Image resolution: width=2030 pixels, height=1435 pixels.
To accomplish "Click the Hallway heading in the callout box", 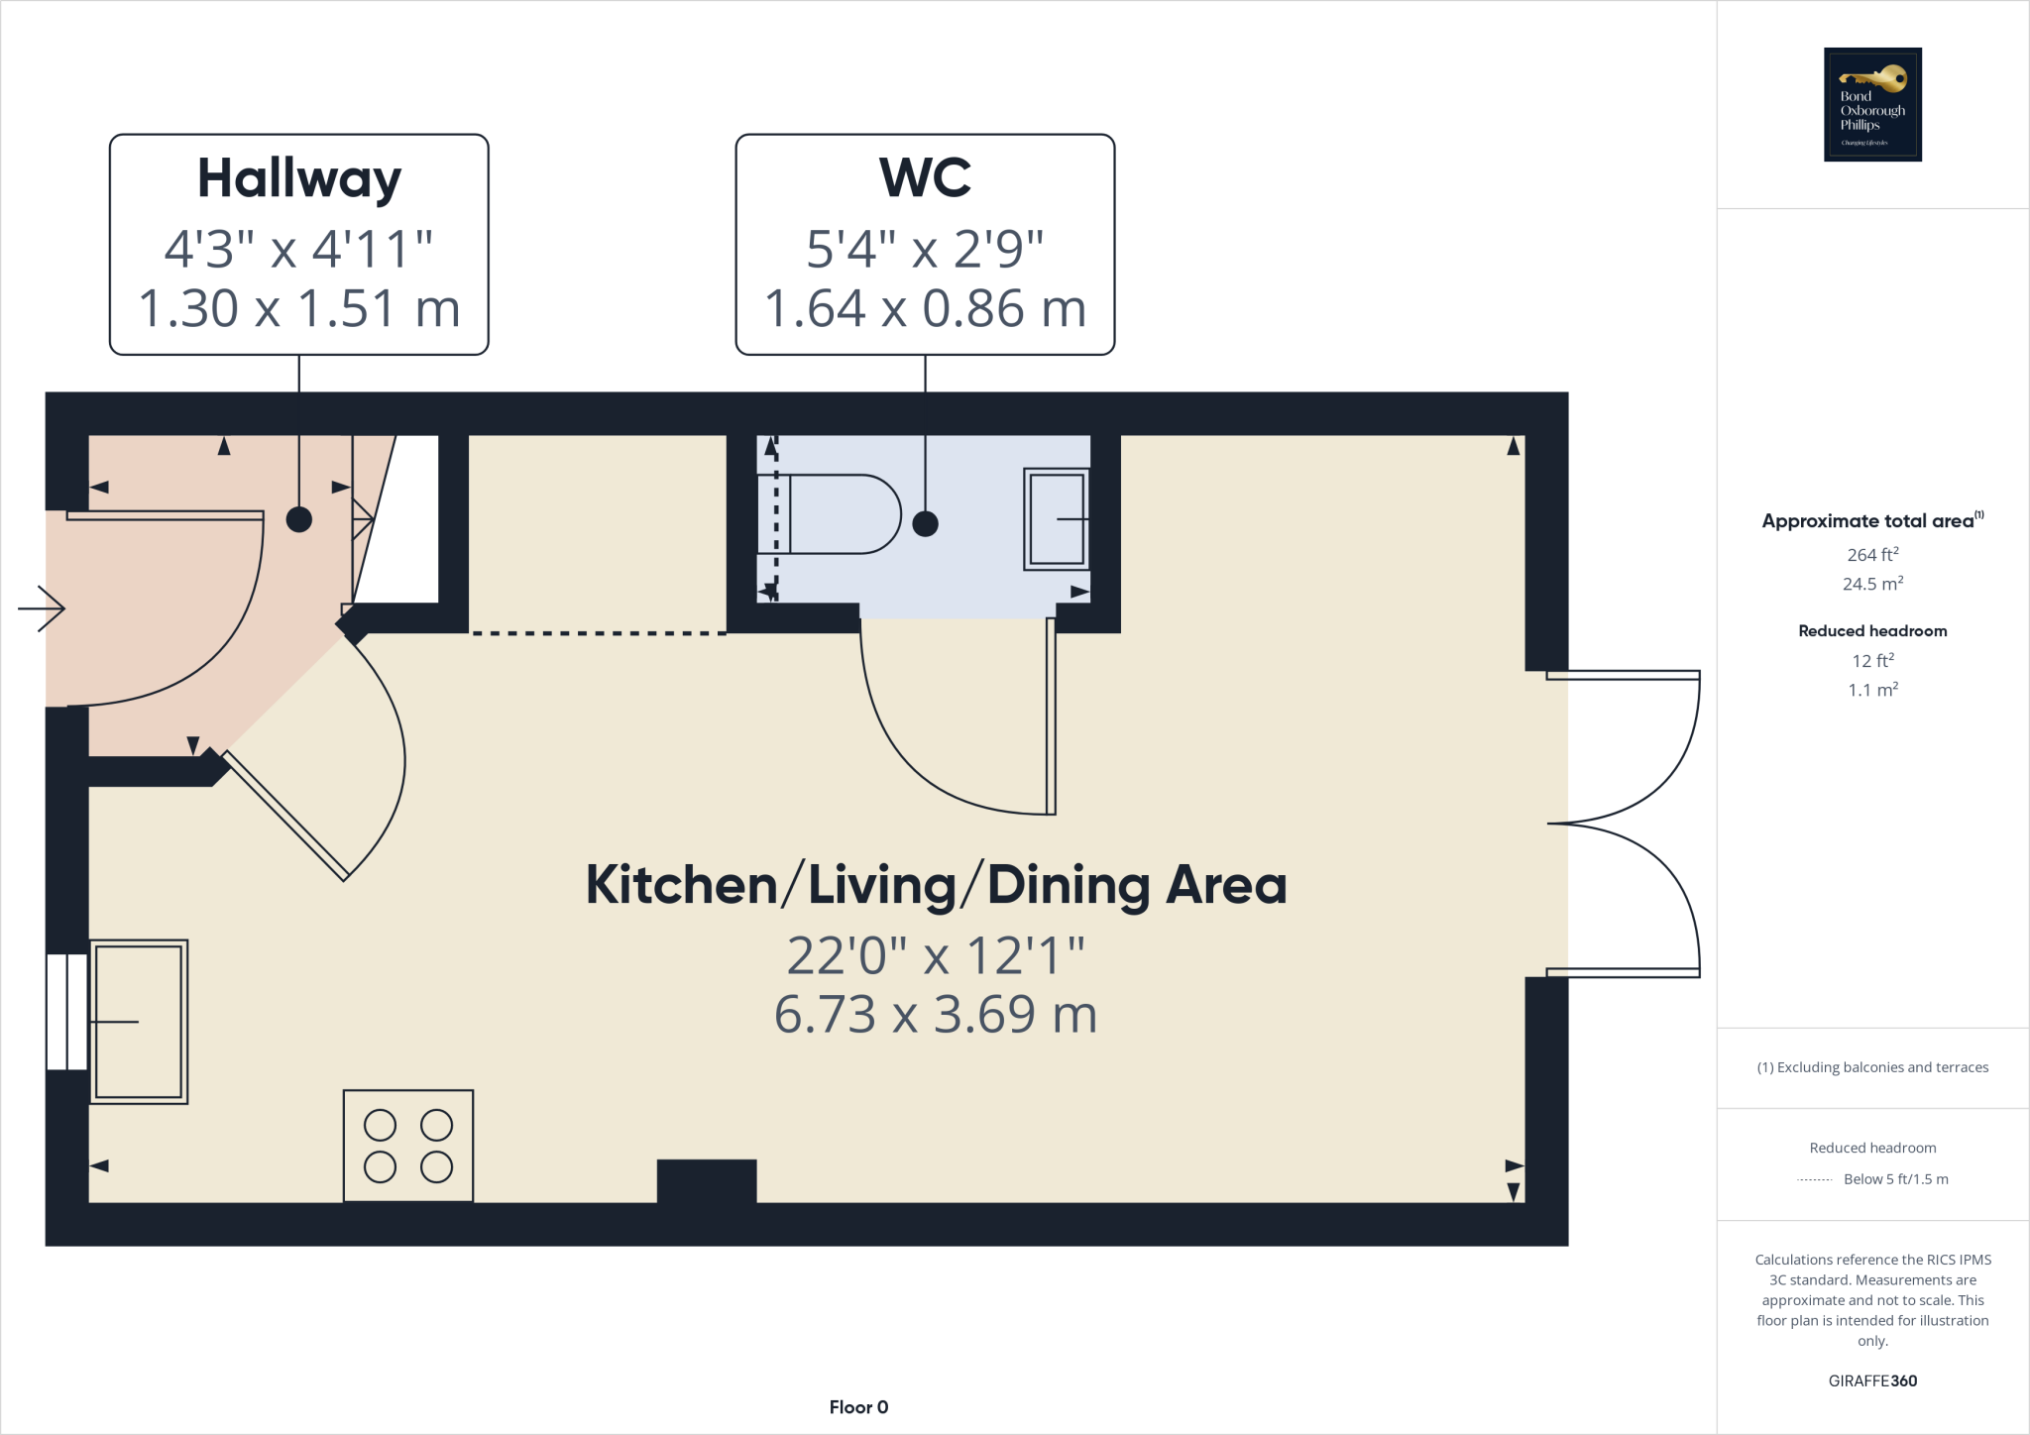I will coord(298,179).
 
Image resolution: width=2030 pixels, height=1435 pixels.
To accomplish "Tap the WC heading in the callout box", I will coord(925,178).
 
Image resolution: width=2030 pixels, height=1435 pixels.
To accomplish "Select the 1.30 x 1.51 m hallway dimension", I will coord(298,308).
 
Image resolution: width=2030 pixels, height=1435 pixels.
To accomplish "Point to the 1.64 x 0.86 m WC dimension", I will coord(925,308).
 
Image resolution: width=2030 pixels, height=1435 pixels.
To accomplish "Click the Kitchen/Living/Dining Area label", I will coord(936,885).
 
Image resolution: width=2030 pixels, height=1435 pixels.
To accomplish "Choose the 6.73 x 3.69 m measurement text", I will coord(936,1015).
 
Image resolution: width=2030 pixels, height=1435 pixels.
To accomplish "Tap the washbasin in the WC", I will coord(1057,519).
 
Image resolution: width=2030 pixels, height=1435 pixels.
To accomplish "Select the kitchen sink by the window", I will coord(139,1022).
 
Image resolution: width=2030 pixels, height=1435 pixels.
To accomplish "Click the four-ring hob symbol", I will coord(408,1146).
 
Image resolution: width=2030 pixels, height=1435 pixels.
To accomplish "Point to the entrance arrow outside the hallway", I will coord(42,608).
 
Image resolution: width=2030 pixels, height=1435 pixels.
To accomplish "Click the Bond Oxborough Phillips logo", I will coord(1872,104).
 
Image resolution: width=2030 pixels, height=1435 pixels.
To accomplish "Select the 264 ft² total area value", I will coord(1872,555).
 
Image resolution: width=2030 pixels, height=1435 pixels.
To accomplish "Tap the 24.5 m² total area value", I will coord(1872,584).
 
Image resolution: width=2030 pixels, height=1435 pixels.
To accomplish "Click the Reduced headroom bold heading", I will coord(1872,631).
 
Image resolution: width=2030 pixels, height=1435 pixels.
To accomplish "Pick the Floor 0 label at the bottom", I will coord(858,1407).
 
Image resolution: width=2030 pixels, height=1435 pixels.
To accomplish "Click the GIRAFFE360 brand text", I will coord(1872,1380).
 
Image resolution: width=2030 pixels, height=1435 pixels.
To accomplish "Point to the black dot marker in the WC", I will coord(925,524).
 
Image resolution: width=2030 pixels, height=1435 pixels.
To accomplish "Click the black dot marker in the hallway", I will coord(299,519).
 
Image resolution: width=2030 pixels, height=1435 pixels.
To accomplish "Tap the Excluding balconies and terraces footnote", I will coord(1872,1067).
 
